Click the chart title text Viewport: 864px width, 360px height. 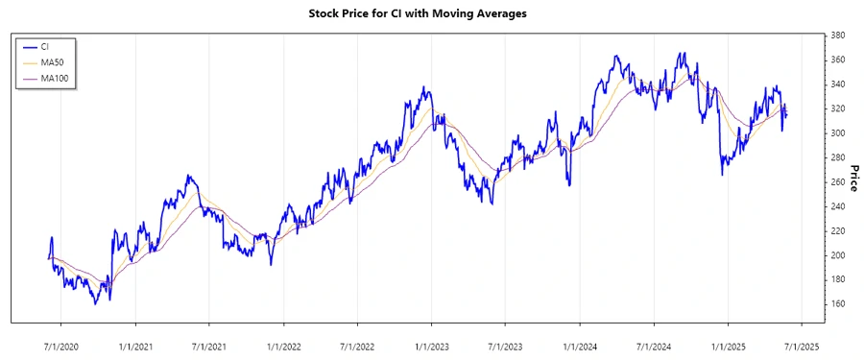point(431,13)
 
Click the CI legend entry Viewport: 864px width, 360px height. point(45,46)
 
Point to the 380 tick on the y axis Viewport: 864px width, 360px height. point(837,36)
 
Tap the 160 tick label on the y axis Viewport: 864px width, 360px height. point(837,304)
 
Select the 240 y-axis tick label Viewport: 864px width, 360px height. point(837,206)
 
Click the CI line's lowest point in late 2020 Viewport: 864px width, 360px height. point(95,304)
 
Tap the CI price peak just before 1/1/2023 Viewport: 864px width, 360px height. point(422,87)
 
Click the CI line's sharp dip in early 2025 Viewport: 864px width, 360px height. point(723,175)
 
